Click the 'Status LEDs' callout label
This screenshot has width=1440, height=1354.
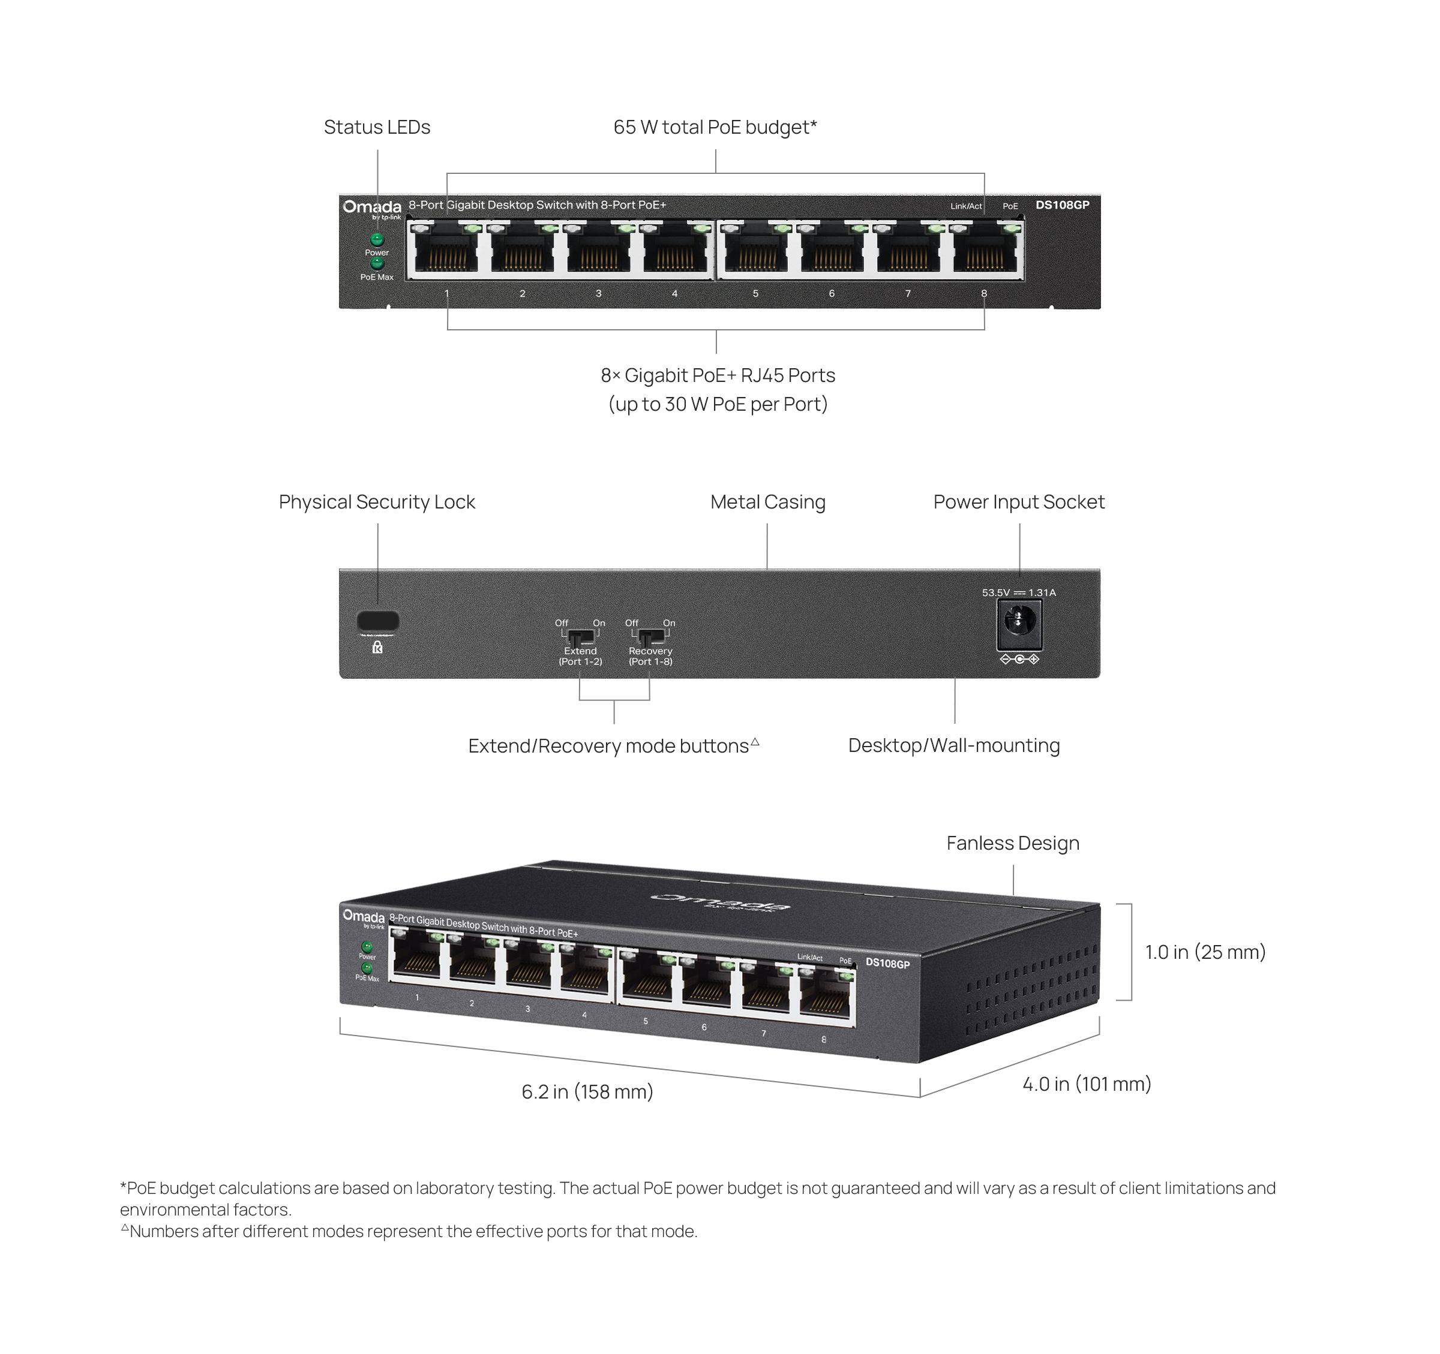point(377,128)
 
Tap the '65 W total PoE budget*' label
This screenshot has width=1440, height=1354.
point(715,128)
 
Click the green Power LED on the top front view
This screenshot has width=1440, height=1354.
point(377,239)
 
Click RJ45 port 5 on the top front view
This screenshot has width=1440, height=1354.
point(755,251)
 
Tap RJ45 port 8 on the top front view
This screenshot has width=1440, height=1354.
point(983,251)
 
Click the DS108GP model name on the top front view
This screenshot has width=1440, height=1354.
point(1062,205)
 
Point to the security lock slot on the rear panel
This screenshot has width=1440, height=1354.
point(377,621)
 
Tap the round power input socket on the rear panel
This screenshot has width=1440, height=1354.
point(1019,621)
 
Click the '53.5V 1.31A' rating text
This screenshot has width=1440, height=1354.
point(1018,592)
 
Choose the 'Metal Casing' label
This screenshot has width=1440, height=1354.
point(768,502)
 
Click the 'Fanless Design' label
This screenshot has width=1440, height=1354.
point(1013,843)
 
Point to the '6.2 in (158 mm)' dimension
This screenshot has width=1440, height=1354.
point(587,1092)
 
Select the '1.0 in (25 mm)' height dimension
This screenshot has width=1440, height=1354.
point(1205,952)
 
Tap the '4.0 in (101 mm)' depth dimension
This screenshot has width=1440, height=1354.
point(1087,1084)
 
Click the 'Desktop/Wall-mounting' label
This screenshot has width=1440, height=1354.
point(954,745)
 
